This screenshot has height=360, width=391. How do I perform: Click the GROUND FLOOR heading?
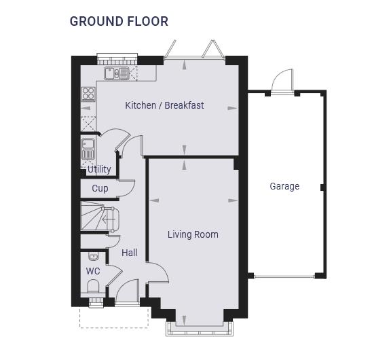(119, 21)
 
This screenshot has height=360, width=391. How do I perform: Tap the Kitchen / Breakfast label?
(164, 105)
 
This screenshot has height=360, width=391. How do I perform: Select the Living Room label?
(193, 234)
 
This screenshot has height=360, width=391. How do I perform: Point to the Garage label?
(284, 186)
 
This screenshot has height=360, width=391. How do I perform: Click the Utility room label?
(99, 169)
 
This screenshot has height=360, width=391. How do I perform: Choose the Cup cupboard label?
(100, 188)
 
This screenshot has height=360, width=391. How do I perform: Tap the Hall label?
(130, 253)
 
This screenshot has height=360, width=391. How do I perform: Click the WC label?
(93, 271)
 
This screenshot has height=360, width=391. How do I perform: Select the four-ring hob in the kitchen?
(88, 94)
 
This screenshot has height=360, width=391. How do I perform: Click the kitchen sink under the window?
(117, 73)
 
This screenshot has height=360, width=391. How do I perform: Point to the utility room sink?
(88, 149)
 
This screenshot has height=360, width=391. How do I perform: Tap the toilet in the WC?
(93, 286)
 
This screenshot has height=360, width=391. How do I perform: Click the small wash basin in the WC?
(94, 256)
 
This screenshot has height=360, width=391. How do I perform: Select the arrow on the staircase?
(109, 220)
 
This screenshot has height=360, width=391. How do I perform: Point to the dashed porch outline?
(114, 327)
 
